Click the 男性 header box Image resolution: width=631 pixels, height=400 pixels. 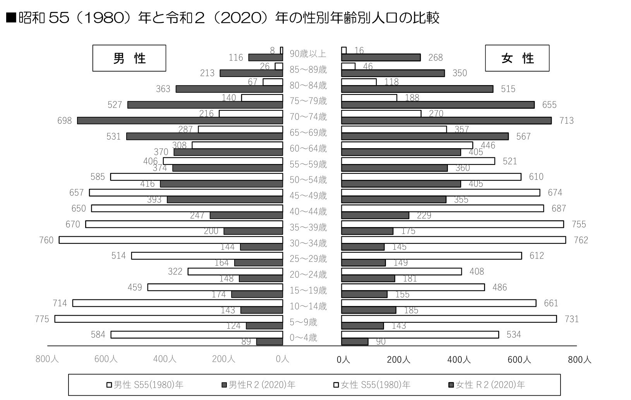[129, 58]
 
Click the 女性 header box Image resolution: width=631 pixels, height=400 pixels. [517, 58]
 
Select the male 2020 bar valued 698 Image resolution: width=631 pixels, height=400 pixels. [180, 121]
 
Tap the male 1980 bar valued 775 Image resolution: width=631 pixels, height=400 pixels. [169, 319]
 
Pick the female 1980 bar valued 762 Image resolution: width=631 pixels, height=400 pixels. [453, 240]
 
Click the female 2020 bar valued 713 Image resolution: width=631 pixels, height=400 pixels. [446, 121]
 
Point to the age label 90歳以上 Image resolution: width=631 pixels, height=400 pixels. [308, 54]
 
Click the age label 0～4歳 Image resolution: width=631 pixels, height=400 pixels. [303, 338]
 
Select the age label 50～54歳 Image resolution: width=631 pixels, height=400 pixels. [308, 180]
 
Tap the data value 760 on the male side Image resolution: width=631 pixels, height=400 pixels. [46, 240]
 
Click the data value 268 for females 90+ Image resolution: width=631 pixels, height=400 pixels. [435, 58]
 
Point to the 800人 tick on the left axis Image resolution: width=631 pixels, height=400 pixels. [47, 359]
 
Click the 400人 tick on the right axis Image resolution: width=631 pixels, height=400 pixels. [459, 360]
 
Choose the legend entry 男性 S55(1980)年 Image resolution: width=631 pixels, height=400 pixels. [145, 385]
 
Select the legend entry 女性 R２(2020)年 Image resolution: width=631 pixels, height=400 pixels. [487, 385]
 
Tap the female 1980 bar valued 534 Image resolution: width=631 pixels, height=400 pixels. [420, 335]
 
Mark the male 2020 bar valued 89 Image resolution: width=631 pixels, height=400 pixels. [269, 342]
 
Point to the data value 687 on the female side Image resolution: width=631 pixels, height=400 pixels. [558, 209]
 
